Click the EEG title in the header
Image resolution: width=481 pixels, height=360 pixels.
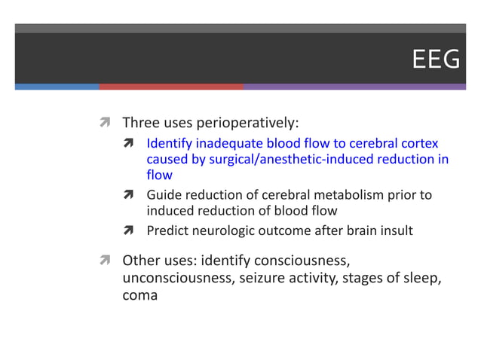click(x=436, y=59)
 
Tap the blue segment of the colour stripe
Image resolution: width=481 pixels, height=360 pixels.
click(x=57, y=87)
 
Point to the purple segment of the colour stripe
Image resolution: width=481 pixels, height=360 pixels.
click(x=354, y=87)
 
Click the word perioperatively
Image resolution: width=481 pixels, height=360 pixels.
click(x=252, y=123)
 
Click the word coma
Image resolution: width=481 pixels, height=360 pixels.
click(x=140, y=295)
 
